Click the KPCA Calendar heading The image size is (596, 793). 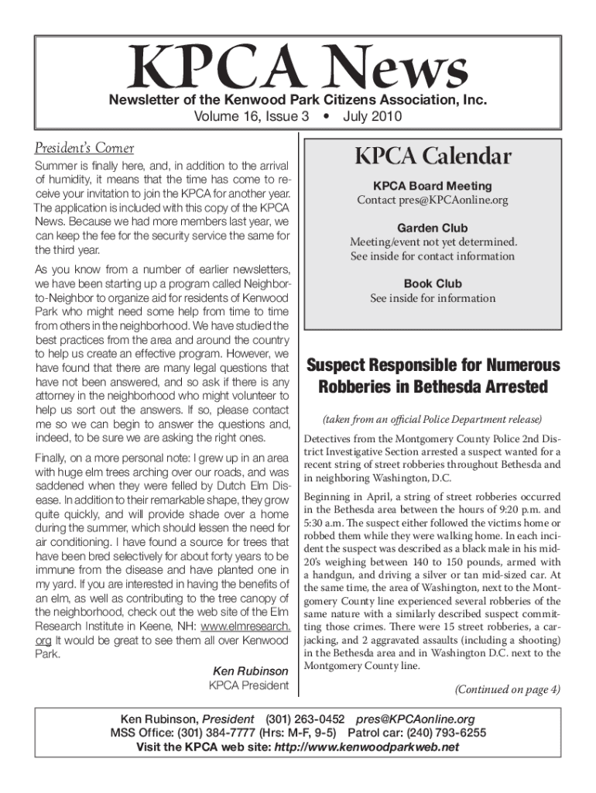tap(433, 156)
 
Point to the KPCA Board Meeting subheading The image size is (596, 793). tap(432, 186)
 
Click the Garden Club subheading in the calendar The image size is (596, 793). tap(432, 228)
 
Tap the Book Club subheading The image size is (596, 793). tap(432, 283)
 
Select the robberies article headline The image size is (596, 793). tap(433, 376)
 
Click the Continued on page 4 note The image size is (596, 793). tap(507, 690)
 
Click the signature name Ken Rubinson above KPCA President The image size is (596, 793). tap(250, 671)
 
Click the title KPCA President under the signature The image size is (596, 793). tap(248, 685)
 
